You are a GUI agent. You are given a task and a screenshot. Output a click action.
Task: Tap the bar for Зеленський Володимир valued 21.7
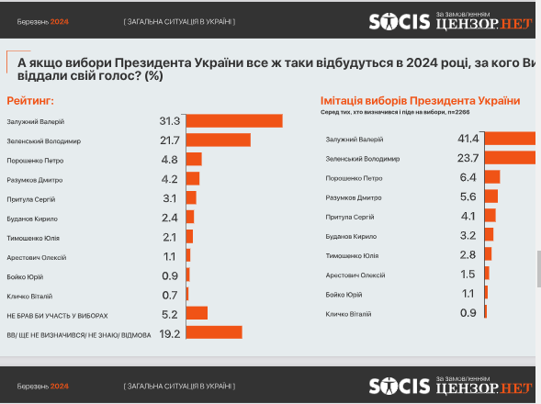(218, 140)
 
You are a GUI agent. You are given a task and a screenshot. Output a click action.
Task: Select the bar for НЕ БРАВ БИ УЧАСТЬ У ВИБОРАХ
(197, 313)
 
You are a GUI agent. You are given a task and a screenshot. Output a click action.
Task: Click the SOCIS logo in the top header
(400, 20)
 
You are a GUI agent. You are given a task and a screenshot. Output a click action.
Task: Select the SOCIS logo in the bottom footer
(400, 386)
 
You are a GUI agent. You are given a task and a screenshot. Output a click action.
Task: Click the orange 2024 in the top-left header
(59, 19)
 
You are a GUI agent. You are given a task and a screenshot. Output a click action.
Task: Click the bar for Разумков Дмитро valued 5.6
(490, 196)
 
